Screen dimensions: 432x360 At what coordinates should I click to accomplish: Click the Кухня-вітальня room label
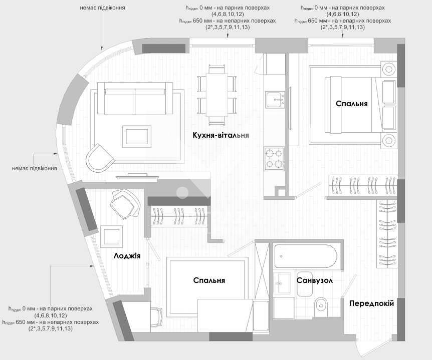(221, 135)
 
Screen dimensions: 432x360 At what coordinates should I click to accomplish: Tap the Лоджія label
(127, 256)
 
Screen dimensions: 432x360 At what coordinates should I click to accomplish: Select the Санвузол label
(315, 280)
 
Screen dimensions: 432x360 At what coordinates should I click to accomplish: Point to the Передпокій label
(371, 303)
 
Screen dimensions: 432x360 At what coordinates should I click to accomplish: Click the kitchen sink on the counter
(275, 100)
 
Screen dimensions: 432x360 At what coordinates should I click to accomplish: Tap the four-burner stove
(274, 159)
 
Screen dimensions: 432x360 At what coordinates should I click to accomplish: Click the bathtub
(305, 256)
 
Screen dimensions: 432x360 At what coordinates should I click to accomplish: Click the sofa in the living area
(135, 99)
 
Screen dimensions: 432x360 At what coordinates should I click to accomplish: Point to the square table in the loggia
(112, 237)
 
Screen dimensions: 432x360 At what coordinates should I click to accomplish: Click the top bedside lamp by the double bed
(388, 69)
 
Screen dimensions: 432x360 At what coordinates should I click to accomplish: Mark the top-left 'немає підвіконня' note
(103, 8)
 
